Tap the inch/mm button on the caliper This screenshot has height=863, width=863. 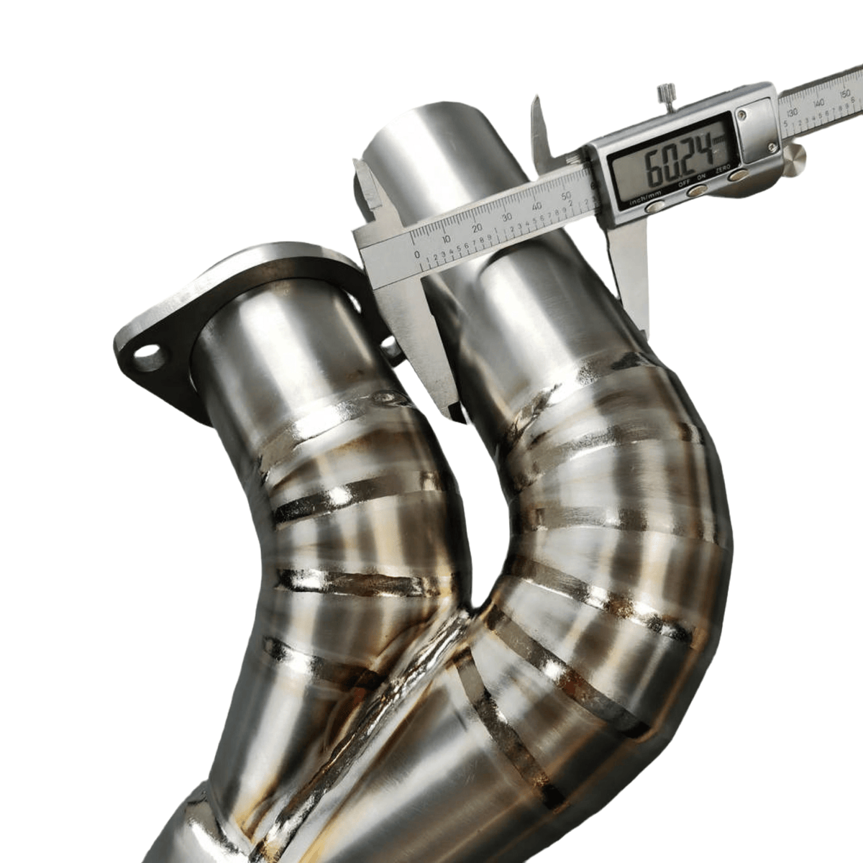(655, 206)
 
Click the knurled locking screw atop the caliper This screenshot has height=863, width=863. (667, 94)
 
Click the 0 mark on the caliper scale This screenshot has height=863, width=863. (417, 254)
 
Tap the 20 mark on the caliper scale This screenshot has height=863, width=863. (477, 229)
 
